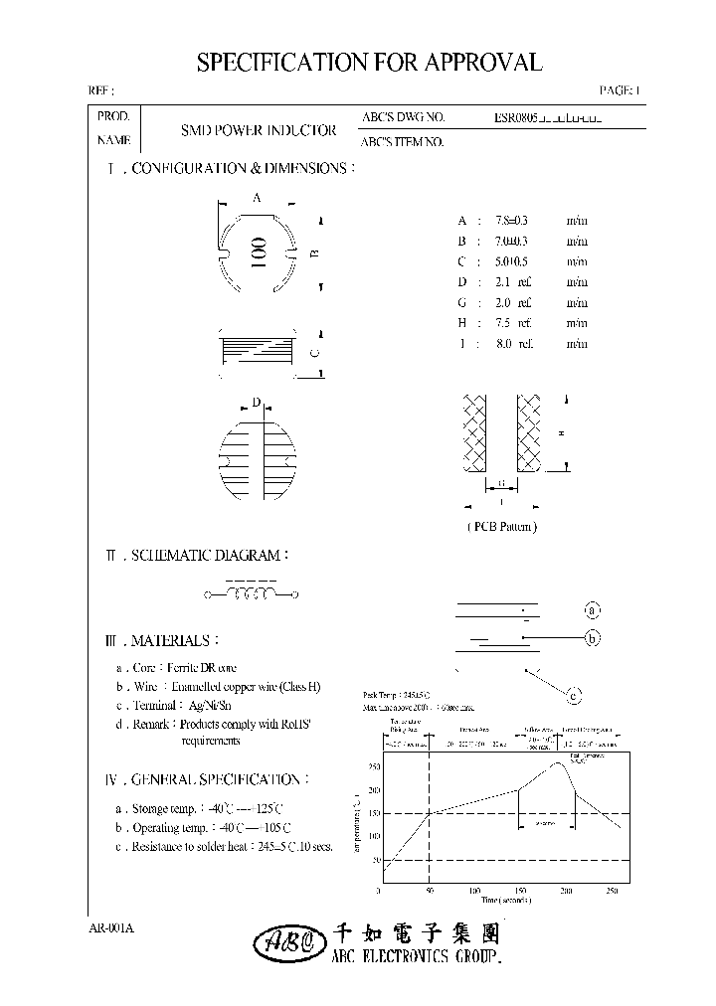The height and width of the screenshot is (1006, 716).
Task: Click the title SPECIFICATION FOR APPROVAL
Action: click(369, 63)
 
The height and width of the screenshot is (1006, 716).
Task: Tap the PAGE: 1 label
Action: click(621, 90)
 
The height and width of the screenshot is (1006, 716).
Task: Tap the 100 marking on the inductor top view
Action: click(257, 253)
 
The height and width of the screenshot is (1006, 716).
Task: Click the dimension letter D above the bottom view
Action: click(256, 403)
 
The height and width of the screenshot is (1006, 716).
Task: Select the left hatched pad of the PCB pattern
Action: click(470, 432)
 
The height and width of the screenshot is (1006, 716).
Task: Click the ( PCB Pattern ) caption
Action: click(501, 526)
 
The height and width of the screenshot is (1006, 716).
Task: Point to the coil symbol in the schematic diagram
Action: click(252, 594)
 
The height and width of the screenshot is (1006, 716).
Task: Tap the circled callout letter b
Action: click(591, 638)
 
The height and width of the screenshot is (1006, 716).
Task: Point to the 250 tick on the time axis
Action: click(612, 891)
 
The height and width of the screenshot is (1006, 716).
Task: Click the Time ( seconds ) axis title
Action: click(506, 901)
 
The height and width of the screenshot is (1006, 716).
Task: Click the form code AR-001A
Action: click(111, 927)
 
